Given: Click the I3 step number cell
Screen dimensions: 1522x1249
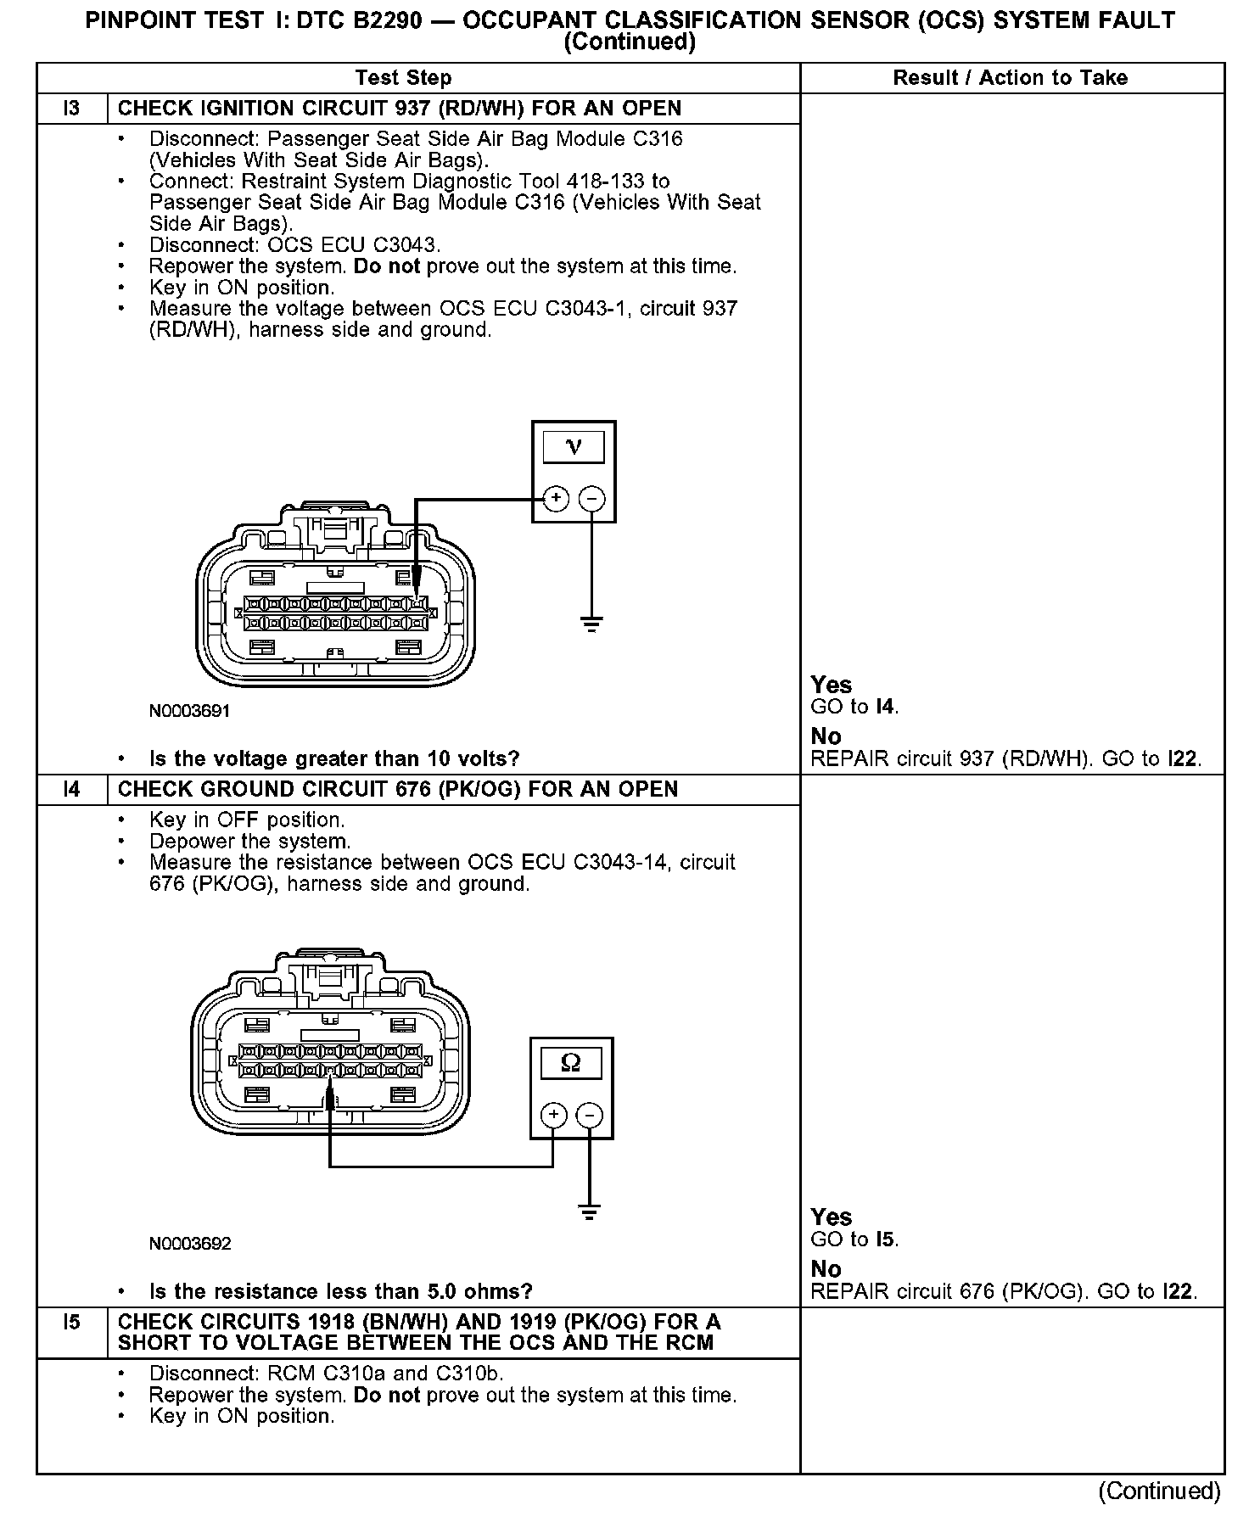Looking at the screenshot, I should [72, 109].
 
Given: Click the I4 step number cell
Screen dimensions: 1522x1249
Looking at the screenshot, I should [72, 789].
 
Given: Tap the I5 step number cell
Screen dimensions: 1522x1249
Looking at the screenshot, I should [72, 1322].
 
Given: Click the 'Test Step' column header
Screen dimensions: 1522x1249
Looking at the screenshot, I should [403, 78].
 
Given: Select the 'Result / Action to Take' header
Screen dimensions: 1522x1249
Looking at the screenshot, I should [1010, 78].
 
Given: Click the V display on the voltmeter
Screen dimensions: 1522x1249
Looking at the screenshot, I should [574, 447].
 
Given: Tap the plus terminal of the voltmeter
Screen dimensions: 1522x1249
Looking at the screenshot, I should [555, 498].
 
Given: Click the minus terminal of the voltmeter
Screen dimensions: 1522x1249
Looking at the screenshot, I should [592, 498].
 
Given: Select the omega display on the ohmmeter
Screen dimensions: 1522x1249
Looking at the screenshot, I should [571, 1063].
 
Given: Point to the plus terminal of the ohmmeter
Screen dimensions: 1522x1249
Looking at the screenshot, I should [553, 1114].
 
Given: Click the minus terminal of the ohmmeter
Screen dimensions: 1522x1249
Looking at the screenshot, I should [591, 1114].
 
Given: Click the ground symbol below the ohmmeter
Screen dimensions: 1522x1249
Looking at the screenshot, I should [590, 1211].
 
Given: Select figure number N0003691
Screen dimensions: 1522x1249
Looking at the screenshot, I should [189, 711].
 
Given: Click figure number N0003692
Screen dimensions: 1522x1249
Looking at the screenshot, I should [189, 1244].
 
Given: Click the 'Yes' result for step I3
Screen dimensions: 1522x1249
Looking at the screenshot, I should [832, 685].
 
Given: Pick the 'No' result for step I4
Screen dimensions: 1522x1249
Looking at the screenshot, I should [826, 1269].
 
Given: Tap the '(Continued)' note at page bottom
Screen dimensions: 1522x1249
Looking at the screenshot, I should [1159, 1491].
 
